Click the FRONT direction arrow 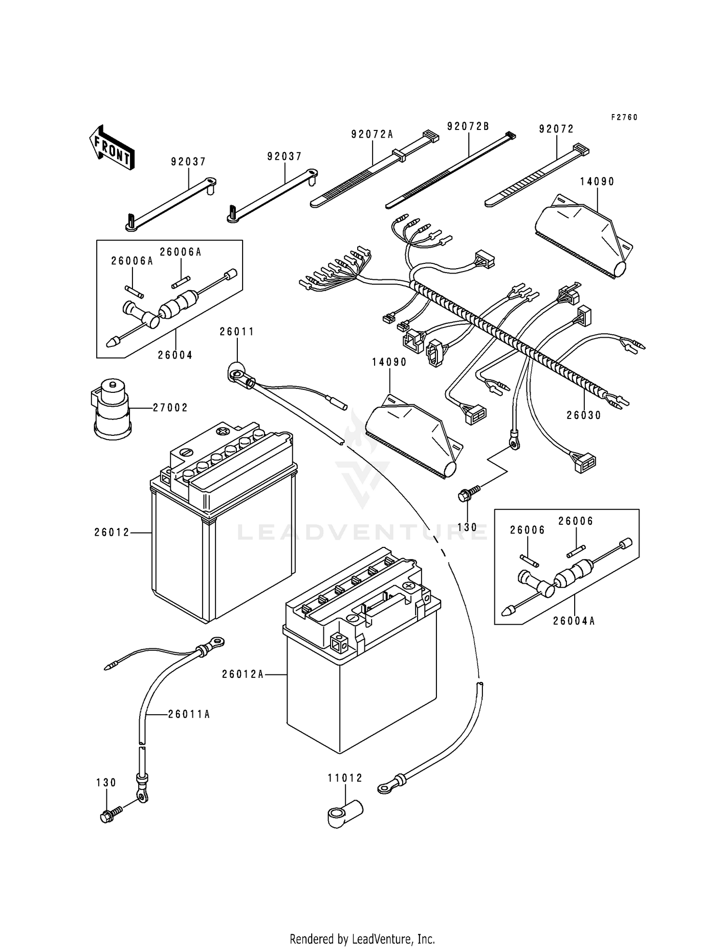point(112,148)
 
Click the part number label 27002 point(170,408)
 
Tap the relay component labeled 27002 point(111,408)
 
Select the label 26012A point(243,674)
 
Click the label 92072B point(468,127)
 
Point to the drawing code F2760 point(624,117)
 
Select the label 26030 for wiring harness point(584,416)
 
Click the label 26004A point(574,621)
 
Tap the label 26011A point(189,714)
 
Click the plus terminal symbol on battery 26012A point(409,586)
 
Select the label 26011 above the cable point(237,332)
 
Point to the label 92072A point(372,135)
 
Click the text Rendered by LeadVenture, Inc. point(362,939)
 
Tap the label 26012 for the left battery point(112,532)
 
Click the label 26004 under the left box point(175,355)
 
